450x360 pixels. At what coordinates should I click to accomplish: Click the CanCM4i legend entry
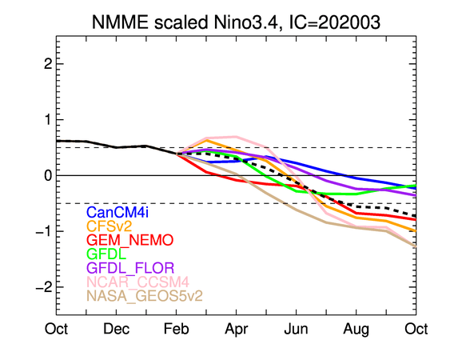coord(119,213)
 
